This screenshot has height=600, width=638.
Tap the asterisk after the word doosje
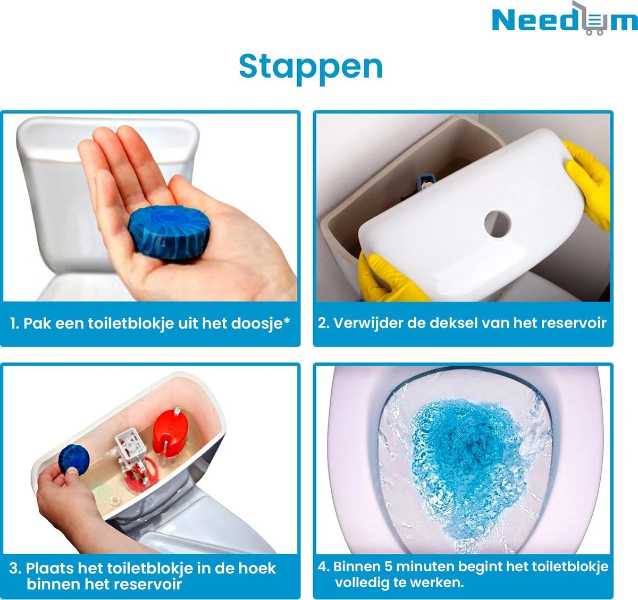[x=287, y=320]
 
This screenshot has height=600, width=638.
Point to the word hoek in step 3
[x=256, y=568]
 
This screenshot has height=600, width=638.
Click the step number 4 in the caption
[x=323, y=567]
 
